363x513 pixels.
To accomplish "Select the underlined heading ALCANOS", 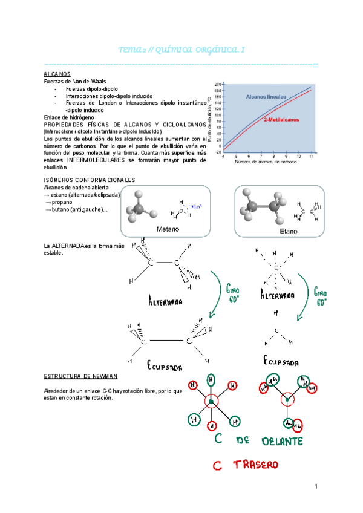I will click(57, 74).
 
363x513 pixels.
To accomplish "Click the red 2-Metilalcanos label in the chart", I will click(283, 120).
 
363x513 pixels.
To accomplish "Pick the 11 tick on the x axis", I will click(311, 156).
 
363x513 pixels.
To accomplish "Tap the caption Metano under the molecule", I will click(168, 229).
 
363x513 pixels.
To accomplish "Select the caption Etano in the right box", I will click(289, 231).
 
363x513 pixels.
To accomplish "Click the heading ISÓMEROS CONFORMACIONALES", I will click(90, 180).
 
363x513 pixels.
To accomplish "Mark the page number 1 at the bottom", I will click(316, 487).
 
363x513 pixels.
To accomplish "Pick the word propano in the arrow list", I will click(61, 202).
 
